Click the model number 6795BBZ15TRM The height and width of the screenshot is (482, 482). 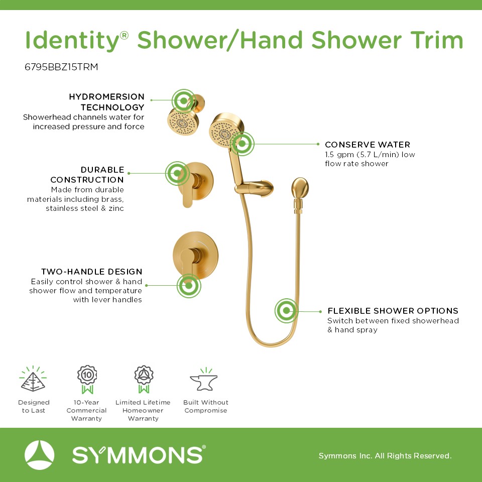click(x=61, y=67)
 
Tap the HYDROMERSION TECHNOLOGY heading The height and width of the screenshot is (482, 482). click(x=106, y=102)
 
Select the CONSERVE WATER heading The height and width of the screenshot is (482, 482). click(x=368, y=145)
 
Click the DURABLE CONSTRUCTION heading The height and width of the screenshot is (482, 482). click(x=87, y=175)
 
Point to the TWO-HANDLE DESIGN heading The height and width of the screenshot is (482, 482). click(x=91, y=272)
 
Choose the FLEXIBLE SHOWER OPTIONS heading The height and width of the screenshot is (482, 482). click(x=393, y=311)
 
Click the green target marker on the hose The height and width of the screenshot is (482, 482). click(x=286, y=311)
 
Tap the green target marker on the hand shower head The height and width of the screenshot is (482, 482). click(x=242, y=144)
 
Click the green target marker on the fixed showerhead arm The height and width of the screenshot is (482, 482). click(x=184, y=100)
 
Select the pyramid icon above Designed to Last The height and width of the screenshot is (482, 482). click(x=33, y=380)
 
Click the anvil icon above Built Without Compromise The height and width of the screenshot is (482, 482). click(x=204, y=380)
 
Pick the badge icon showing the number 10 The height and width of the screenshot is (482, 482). click(x=87, y=380)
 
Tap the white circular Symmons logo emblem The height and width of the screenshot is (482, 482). click(x=39, y=455)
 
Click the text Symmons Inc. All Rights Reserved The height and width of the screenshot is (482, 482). click(x=385, y=455)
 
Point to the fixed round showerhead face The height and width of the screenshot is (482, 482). click(x=183, y=123)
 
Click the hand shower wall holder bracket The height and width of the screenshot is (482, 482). click(x=254, y=188)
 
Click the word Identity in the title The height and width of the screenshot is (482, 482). click(x=72, y=41)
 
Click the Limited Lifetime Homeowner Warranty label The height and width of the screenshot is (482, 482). click(x=143, y=410)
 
